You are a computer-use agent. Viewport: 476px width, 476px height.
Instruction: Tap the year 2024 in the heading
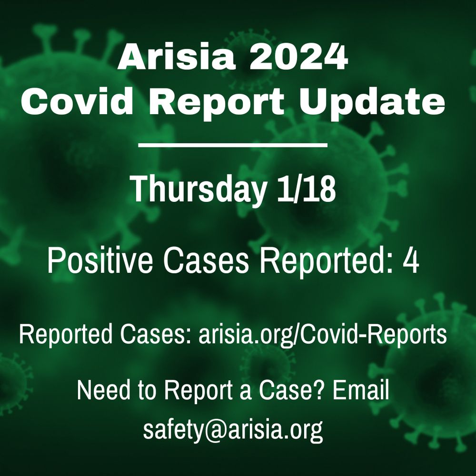click(298, 57)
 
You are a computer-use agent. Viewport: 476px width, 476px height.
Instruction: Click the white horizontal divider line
click(233, 145)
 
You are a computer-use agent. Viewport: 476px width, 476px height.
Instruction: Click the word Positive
click(100, 261)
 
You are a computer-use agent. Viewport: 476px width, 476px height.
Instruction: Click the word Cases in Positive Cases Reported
click(206, 261)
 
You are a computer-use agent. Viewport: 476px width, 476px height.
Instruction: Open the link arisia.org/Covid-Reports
click(322, 335)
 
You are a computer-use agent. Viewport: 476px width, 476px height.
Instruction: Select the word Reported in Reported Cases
click(65, 334)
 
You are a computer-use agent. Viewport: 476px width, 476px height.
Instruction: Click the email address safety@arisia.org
click(233, 429)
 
